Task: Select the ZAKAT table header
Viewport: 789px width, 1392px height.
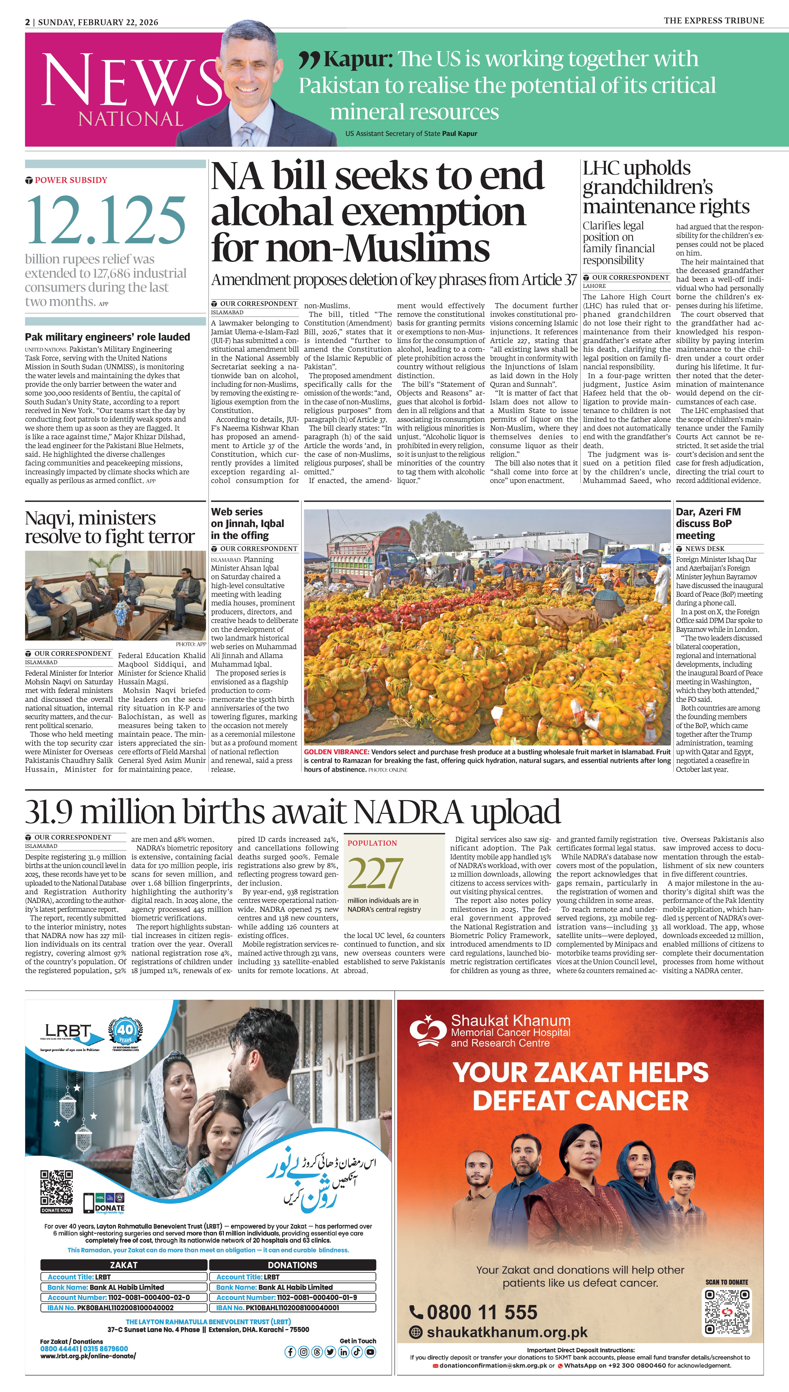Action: click(x=124, y=1265)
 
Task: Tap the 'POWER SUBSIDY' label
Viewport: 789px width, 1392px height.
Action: click(x=70, y=180)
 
